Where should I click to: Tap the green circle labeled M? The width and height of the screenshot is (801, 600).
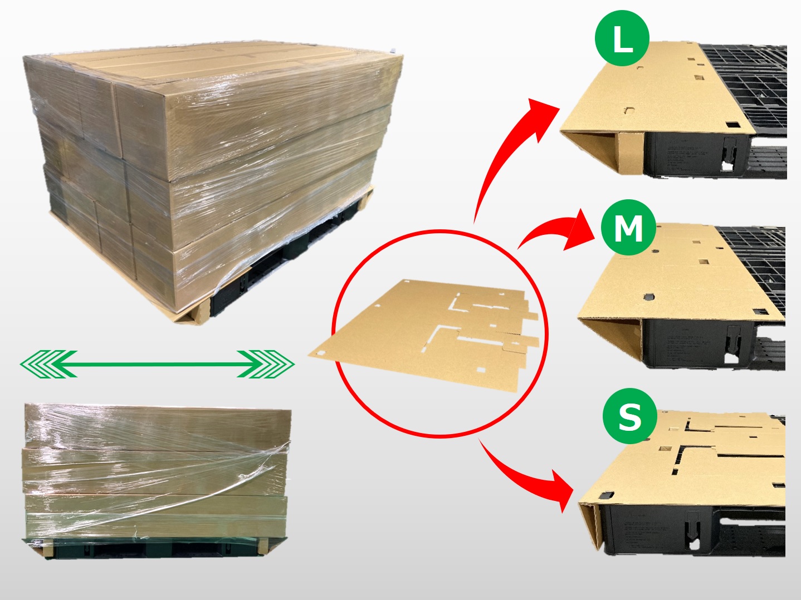(628, 228)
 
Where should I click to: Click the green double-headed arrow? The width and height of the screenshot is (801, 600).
(157, 364)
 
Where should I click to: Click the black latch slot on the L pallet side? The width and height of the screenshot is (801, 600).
(729, 153)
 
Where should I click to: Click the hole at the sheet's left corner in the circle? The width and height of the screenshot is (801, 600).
(320, 353)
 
